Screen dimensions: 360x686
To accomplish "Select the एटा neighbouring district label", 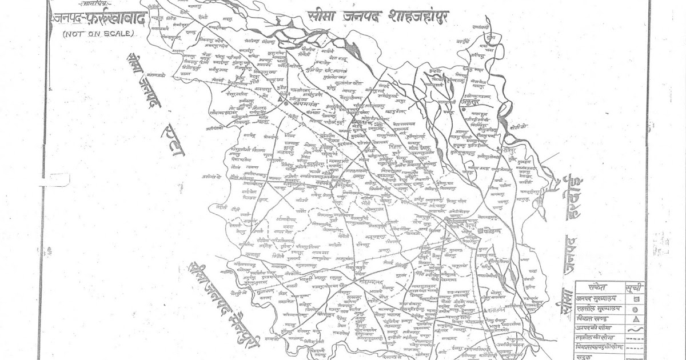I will point(174,148).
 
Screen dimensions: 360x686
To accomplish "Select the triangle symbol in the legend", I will point(635,320).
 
